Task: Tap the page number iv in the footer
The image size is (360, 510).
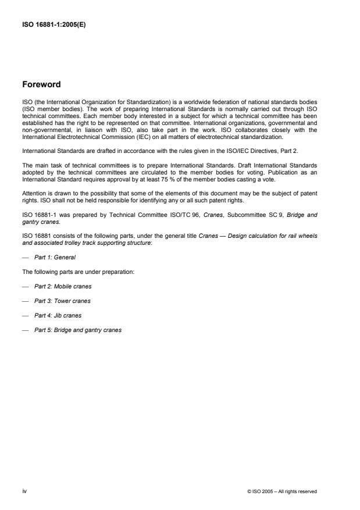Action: pyautogui.click(x=24, y=491)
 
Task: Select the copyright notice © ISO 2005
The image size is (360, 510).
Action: pyautogui.click(x=281, y=491)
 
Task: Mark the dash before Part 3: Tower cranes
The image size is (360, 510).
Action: pyautogui.click(x=24, y=301)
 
